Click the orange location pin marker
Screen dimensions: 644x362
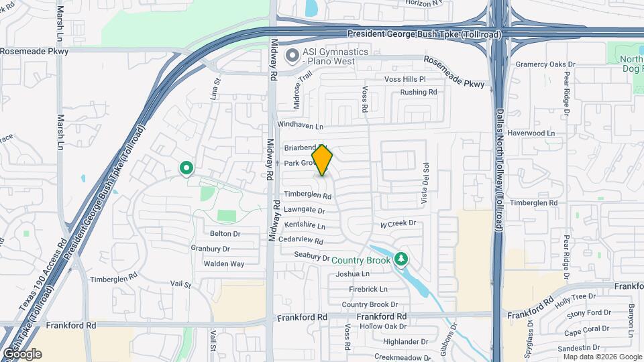pyautogui.click(x=323, y=160)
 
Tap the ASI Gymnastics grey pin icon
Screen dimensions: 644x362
pyautogui.click(x=292, y=55)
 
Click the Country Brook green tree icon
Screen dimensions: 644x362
pyautogui.click(x=401, y=259)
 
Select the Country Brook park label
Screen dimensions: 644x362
pyautogui.click(x=361, y=260)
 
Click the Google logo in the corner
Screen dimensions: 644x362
pyautogui.click(x=21, y=354)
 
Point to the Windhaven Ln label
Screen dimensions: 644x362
pyautogui.click(x=300, y=125)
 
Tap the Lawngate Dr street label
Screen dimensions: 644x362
pyautogui.click(x=305, y=210)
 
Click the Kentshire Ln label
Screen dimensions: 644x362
pyautogui.click(x=305, y=225)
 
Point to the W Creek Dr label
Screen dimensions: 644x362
pyautogui.click(x=398, y=223)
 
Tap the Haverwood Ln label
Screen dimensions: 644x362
pyautogui.click(x=532, y=133)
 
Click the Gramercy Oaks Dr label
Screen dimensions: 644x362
pyautogui.click(x=545, y=64)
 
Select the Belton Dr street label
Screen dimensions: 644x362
pyautogui.click(x=225, y=234)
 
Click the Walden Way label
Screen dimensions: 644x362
pyautogui.click(x=224, y=263)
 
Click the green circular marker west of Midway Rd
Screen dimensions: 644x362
pyautogui.click(x=186, y=168)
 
